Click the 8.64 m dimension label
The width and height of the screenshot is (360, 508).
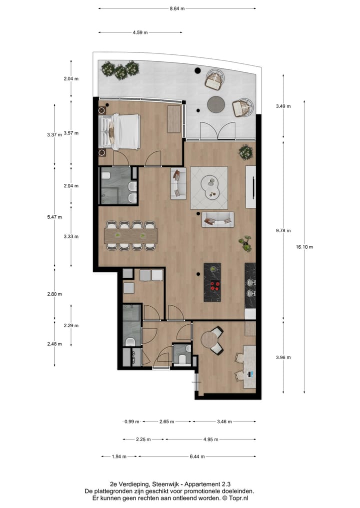click(x=177, y=8)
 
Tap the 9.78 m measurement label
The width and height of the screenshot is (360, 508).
click(x=283, y=231)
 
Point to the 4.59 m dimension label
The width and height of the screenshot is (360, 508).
click(x=140, y=32)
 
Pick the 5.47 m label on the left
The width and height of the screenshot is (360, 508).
click(x=54, y=217)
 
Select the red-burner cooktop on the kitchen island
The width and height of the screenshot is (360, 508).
click(x=214, y=286)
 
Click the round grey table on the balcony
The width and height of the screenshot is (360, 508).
click(x=216, y=104)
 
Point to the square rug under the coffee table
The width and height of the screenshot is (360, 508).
click(x=209, y=188)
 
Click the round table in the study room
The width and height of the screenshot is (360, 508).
click(x=210, y=340)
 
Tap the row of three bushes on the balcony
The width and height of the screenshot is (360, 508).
click(x=120, y=69)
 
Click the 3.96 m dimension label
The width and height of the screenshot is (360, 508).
click(x=283, y=357)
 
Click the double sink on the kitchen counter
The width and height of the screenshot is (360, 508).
click(x=250, y=288)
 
